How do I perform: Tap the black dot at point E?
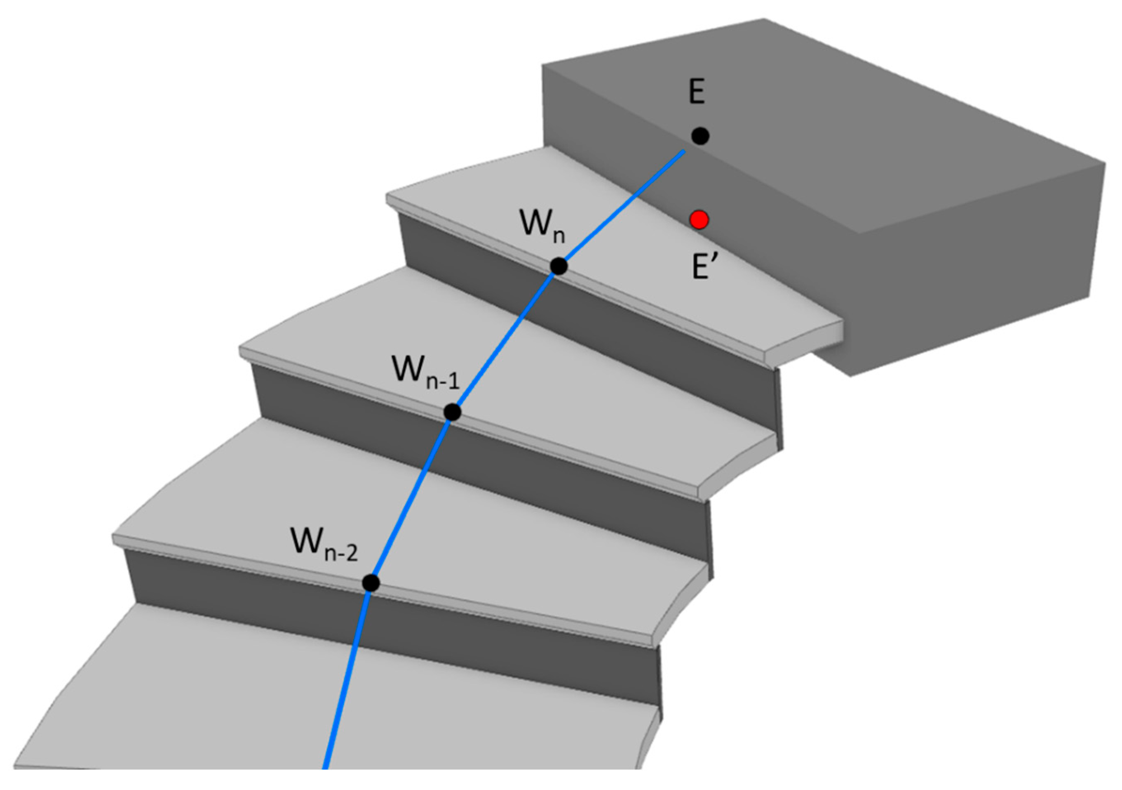coord(700,135)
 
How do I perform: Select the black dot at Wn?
coord(559,266)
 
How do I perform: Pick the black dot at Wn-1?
coord(453,413)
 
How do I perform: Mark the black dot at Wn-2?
coord(371,583)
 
